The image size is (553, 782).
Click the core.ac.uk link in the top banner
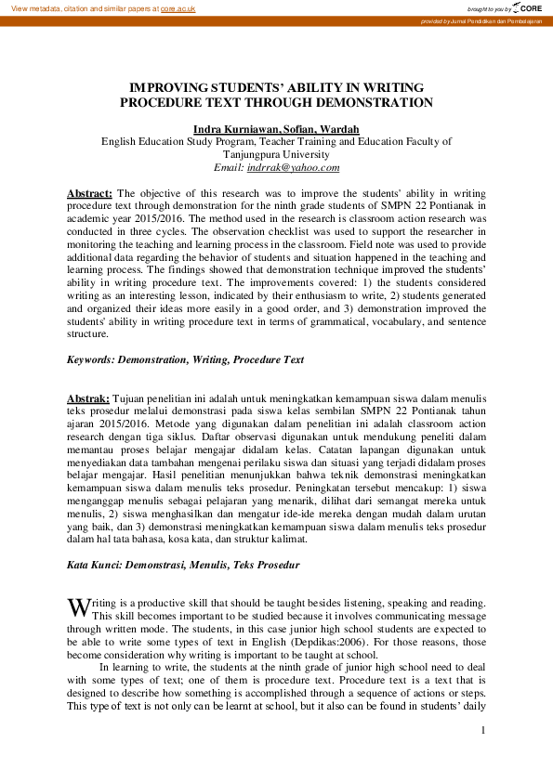(178, 7)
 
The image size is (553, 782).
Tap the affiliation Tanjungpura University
(276, 155)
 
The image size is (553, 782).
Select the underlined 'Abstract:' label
(90, 193)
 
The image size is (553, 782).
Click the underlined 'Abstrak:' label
(88, 398)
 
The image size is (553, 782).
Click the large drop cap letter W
(78, 606)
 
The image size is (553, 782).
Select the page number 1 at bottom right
(483, 732)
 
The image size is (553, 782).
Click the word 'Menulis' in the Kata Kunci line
(217, 564)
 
